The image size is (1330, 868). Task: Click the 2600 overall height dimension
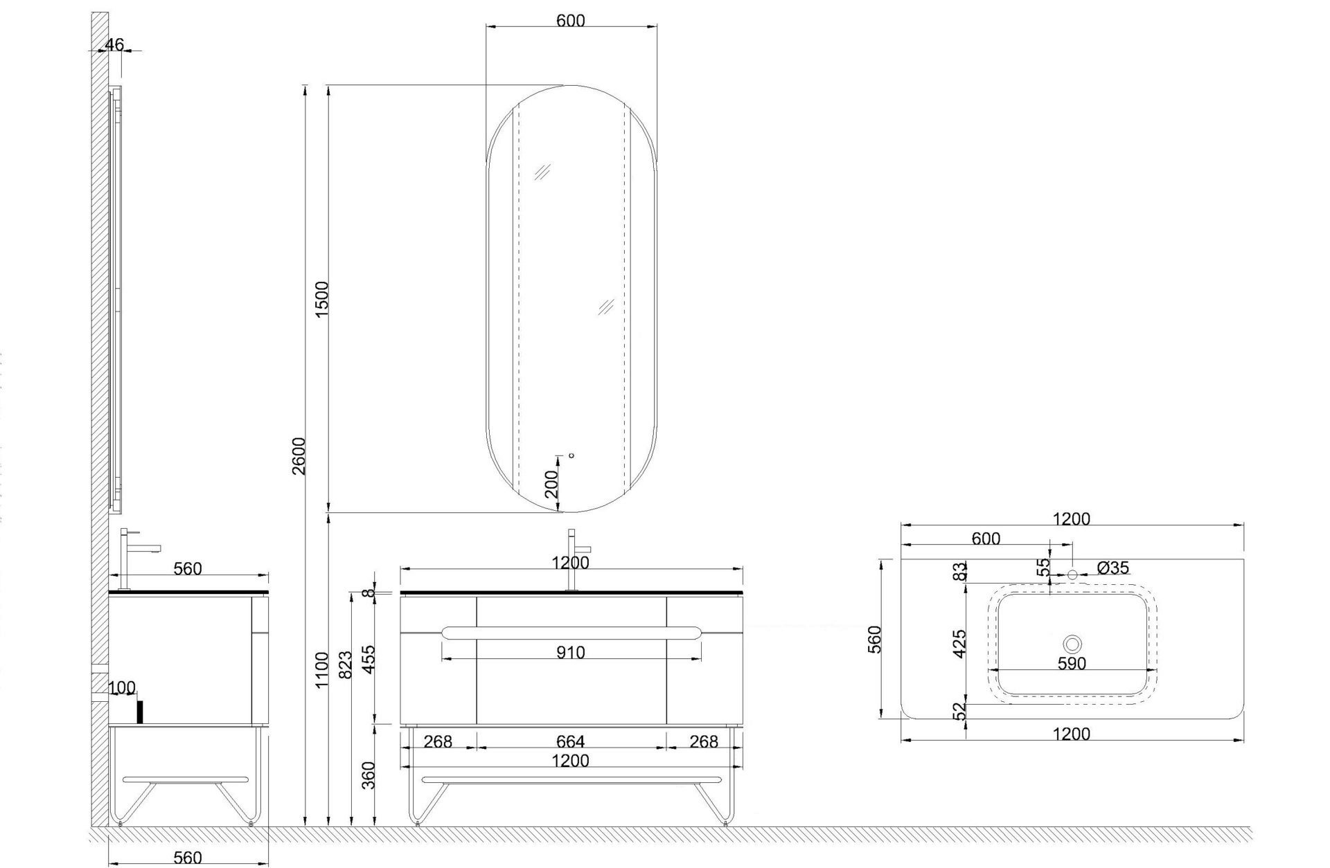click(299, 455)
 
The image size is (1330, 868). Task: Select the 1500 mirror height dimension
click(322, 299)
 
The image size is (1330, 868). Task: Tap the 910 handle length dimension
click(571, 652)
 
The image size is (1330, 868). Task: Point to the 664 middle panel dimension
click(571, 741)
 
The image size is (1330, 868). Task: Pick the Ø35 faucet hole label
click(1113, 568)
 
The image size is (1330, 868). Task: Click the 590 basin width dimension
click(1072, 663)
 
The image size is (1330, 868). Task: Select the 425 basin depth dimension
click(959, 644)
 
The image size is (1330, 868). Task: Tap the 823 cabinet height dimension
click(347, 664)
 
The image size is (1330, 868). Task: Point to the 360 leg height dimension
click(369, 775)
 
